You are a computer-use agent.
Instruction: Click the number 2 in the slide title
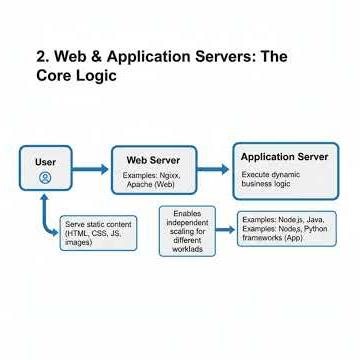point(42,57)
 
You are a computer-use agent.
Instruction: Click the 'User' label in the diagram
point(45,161)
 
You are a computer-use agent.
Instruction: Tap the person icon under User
point(45,177)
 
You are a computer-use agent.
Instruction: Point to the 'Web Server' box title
point(152,160)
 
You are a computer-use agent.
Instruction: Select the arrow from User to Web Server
point(91,169)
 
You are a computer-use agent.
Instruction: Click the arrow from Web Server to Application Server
point(212,169)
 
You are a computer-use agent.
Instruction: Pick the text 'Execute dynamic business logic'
point(271,179)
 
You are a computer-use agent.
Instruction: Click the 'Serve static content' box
point(98,232)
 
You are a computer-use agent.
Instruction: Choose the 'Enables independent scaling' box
point(187,231)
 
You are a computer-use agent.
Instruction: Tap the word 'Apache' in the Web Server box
point(139,184)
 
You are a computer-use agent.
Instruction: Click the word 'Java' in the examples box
point(313,218)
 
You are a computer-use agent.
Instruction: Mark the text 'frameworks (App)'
point(271,239)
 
